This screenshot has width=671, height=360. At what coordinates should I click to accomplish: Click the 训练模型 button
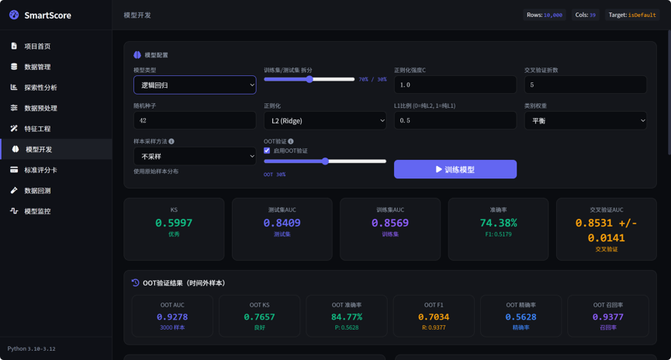coord(455,169)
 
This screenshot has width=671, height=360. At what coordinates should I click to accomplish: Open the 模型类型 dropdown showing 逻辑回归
coord(195,85)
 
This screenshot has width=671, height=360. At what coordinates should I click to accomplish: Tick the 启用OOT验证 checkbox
coord(267,151)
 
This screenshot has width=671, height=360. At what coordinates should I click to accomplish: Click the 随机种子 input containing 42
coord(195,120)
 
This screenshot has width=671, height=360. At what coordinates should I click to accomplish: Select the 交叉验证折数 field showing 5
coord(586,85)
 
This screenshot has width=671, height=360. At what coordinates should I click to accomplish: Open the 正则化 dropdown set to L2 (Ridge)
coord(325,121)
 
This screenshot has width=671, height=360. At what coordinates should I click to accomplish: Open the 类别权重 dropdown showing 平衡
coord(586,121)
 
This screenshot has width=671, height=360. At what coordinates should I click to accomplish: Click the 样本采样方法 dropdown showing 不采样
coord(195,156)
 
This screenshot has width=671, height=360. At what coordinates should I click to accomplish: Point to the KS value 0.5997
coord(174,223)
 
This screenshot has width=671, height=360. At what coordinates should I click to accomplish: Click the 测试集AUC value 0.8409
coord(282,223)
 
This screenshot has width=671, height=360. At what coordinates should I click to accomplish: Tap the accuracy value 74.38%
coord(498,223)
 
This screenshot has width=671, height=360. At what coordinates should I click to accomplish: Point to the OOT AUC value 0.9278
coord(172,317)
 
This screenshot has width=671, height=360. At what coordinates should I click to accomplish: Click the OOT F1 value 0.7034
coord(434,317)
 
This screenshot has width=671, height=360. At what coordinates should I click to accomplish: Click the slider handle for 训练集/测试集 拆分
coord(310,79)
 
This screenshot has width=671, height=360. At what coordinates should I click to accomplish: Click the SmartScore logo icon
coord(14,15)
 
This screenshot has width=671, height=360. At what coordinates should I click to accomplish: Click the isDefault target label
coord(642,15)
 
